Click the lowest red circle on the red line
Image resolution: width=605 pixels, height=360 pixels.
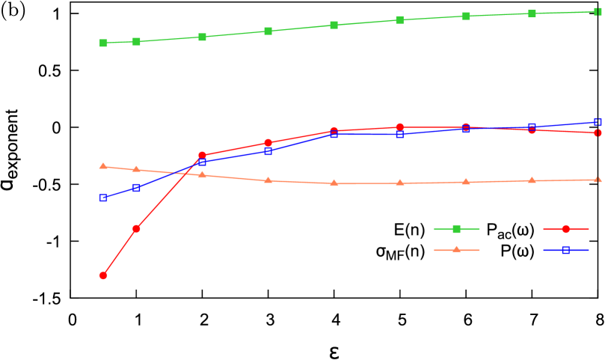(103, 275)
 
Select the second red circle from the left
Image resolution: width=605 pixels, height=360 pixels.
(136, 228)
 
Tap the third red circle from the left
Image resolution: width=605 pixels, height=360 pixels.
(202, 156)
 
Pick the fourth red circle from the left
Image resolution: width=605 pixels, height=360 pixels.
(268, 143)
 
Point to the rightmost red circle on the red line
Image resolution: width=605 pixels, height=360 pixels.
(598, 132)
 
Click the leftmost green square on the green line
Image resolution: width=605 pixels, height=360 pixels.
(103, 43)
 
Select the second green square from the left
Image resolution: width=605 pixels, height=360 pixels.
(136, 41)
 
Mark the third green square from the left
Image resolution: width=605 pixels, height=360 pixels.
(202, 37)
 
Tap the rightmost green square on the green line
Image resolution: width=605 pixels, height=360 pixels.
(598, 11)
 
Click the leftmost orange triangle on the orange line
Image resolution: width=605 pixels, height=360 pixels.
(103, 166)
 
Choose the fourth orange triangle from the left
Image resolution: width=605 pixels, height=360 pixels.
(268, 180)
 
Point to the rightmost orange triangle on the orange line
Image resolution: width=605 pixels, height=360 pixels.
(598, 180)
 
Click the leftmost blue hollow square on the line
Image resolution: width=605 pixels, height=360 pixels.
(103, 198)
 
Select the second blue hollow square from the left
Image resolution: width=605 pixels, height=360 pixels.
(136, 188)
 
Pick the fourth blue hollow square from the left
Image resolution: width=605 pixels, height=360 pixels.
(268, 151)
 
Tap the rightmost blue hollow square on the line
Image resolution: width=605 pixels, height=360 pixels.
(598, 122)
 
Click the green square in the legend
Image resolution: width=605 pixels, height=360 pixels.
(456, 229)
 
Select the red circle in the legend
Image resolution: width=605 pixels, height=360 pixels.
(565, 229)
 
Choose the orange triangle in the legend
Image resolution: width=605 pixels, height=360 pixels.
(456, 250)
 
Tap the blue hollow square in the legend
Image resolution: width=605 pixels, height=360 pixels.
(565, 250)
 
